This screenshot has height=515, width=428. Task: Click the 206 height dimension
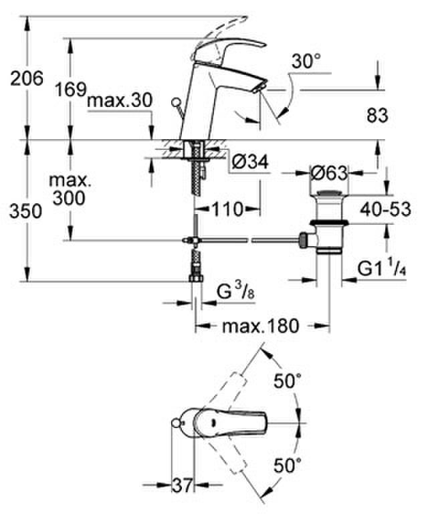(x=27, y=78)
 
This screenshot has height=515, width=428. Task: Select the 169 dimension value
(x=71, y=89)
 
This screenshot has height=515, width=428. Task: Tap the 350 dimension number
(x=25, y=211)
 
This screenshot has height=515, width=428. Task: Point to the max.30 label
(x=120, y=100)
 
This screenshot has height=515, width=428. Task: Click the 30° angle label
(x=306, y=61)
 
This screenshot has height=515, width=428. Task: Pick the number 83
(x=377, y=115)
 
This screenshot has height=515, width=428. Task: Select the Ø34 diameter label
(x=250, y=162)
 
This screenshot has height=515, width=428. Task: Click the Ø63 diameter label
(x=329, y=173)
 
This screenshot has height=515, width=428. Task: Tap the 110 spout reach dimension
(x=227, y=209)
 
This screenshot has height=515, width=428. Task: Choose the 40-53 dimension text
(x=386, y=209)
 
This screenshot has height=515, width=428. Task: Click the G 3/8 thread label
(x=236, y=292)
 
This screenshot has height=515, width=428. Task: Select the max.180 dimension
(x=261, y=326)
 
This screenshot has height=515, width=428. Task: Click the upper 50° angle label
(x=288, y=381)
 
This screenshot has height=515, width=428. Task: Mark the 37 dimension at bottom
(x=183, y=486)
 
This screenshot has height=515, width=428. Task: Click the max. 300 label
(x=70, y=189)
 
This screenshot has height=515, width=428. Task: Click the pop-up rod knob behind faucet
(x=176, y=102)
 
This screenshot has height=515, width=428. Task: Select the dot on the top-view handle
(x=213, y=423)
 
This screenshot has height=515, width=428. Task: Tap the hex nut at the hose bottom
(x=196, y=278)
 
